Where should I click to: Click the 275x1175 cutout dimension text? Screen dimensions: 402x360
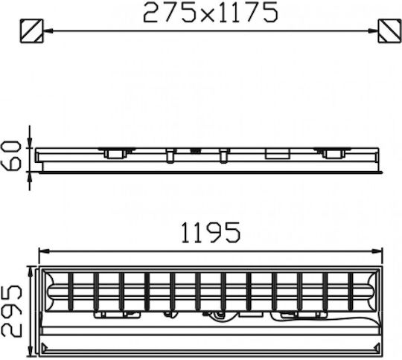[x=210, y=13]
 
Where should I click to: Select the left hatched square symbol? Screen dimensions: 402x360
[x=31, y=30]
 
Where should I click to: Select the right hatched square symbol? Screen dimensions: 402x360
[x=389, y=30]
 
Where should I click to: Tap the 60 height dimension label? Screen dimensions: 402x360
[x=10, y=155]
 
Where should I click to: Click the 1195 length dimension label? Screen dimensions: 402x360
[x=211, y=232]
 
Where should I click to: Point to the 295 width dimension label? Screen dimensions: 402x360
[x=10, y=310]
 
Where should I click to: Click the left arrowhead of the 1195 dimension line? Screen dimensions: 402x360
[x=43, y=251]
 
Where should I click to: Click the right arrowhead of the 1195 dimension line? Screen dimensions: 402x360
[x=378, y=251]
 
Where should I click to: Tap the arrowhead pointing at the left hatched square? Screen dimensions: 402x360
[x=48, y=30]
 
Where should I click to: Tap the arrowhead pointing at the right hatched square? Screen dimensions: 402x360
[x=373, y=30]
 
